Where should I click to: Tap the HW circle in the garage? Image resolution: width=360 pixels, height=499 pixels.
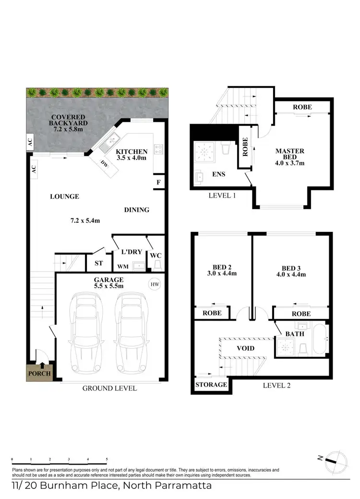point(155,285)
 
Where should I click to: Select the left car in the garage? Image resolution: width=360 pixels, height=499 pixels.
point(87,333)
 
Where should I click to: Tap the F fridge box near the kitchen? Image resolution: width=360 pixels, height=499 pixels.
point(158,182)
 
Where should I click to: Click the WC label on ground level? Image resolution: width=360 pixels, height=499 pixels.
point(155,256)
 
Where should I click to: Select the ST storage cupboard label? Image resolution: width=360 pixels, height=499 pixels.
point(99,263)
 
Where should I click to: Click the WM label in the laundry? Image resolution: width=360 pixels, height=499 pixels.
point(122,266)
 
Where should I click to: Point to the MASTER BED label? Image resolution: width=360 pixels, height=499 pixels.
point(289,154)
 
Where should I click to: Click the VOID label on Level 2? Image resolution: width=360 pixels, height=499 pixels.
point(245,348)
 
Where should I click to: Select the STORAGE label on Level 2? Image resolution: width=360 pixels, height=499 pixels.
point(211,385)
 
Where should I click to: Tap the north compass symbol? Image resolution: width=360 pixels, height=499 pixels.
point(332,460)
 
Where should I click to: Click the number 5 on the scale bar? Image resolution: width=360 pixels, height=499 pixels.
point(107,459)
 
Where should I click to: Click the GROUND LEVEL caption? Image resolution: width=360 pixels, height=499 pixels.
point(109,388)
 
